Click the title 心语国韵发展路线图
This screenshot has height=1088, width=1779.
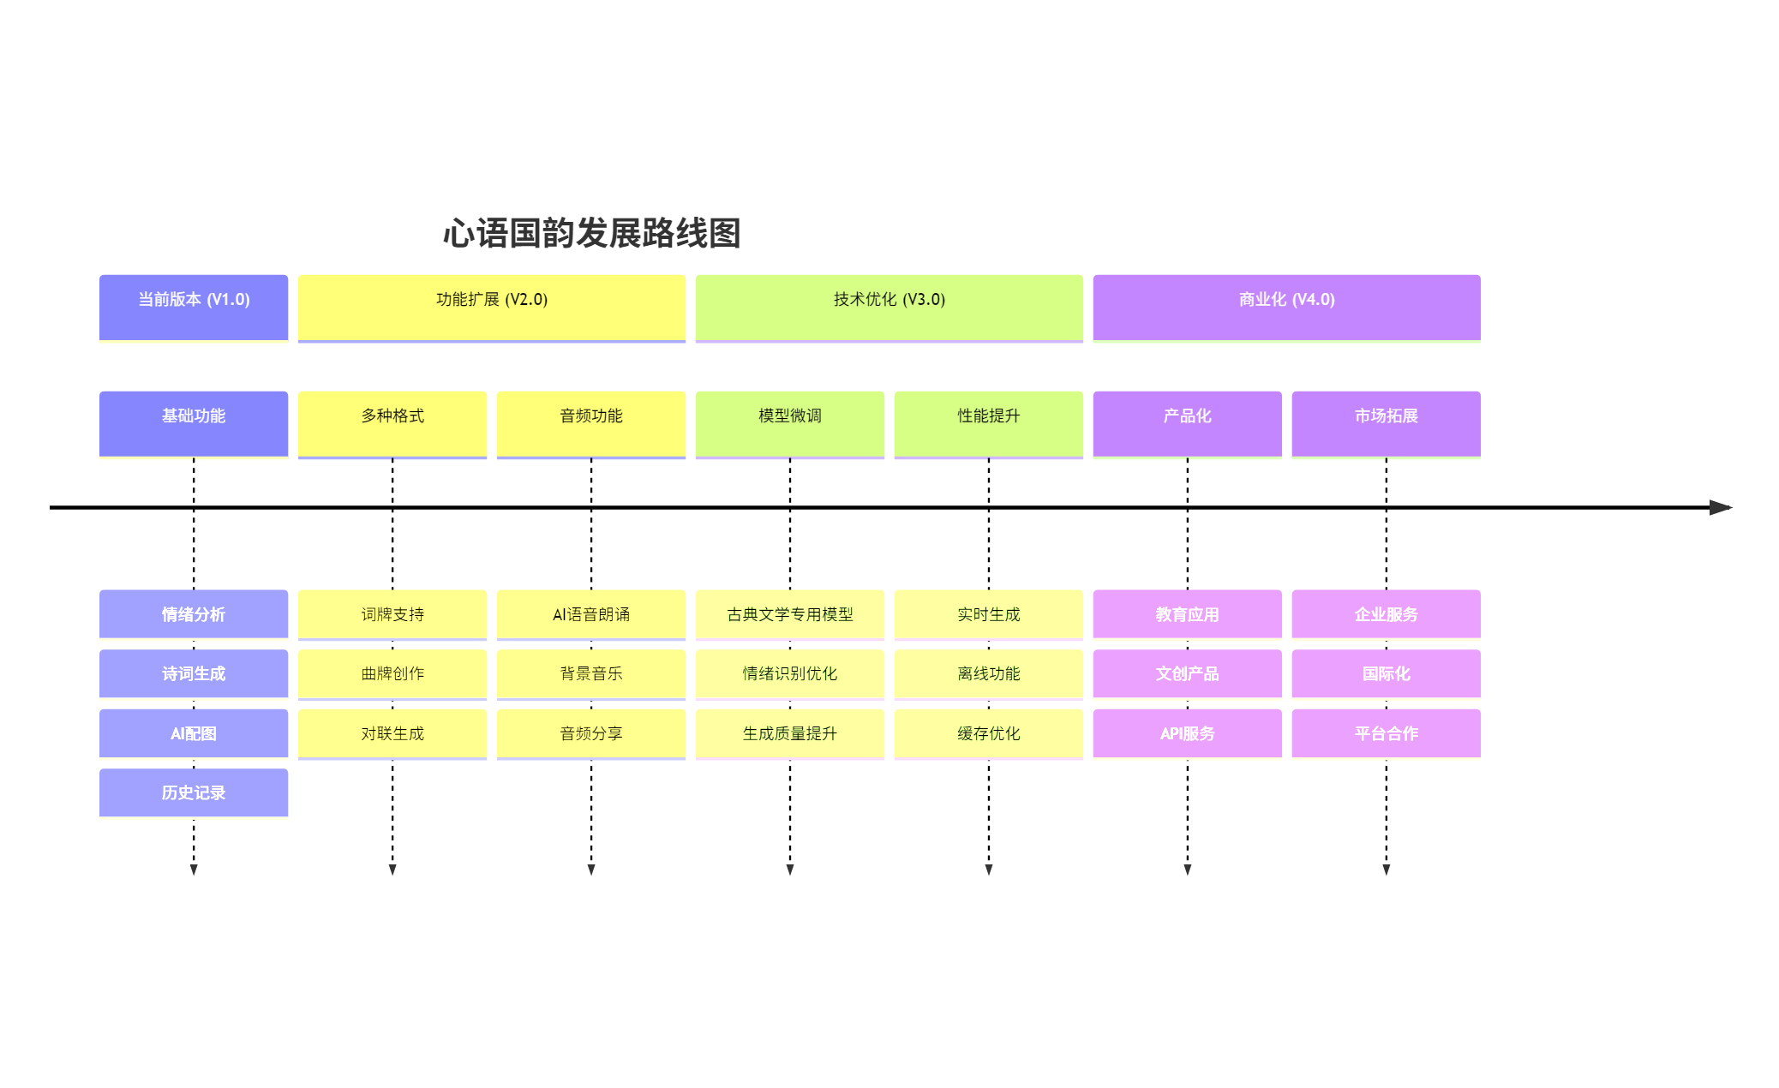pyautogui.click(x=591, y=233)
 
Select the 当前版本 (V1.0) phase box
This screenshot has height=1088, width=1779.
pyautogui.click(x=194, y=307)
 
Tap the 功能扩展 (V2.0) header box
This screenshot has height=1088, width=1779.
pyautogui.click(x=491, y=307)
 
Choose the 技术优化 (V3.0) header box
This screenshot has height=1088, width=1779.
pyautogui.click(x=889, y=307)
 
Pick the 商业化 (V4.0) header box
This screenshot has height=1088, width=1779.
pyautogui.click(x=1286, y=307)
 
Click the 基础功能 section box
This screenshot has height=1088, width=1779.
pyautogui.click(x=194, y=423)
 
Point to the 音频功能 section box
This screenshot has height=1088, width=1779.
pyautogui.click(x=590, y=423)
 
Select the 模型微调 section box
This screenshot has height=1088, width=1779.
pyautogui.click(x=789, y=423)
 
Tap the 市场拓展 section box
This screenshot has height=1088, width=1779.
pyautogui.click(x=1386, y=423)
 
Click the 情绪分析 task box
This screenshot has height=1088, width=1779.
pyautogui.click(x=194, y=613)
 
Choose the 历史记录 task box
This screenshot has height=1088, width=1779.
pyautogui.click(x=194, y=792)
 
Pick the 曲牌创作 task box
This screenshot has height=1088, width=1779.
pyautogui.click(x=392, y=673)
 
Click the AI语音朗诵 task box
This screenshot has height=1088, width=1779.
pyautogui.click(x=590, y=613)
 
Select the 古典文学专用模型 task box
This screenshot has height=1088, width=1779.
pyautogui.click(x=789, y=613)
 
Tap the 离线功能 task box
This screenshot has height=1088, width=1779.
pyautogui.click(x=988, y=673)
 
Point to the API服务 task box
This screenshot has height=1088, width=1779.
pyautogui.click(x=1187, y=733)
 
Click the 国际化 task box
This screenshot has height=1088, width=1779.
pyautogui.click(x=1386, y=673)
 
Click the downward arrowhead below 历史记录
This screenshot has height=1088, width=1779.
pyautogui.click(x=194, y=870)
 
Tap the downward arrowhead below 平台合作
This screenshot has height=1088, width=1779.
pyautogui.click(x=1386, y=870)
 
